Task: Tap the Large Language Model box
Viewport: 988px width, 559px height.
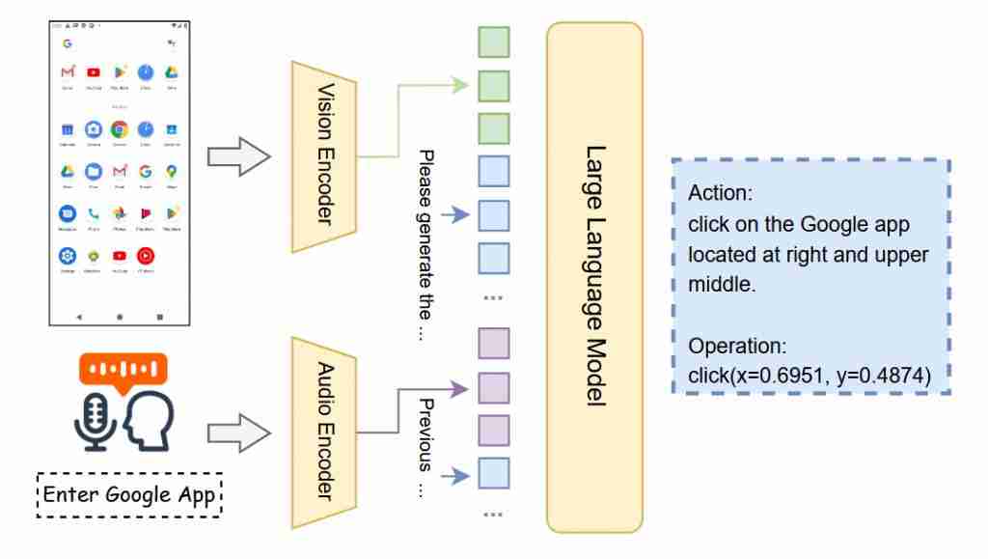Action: point(594,277)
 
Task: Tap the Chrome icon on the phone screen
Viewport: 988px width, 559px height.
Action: point(119,128)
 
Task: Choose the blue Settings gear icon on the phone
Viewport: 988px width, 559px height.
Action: point(68,256)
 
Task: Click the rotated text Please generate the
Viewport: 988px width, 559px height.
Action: point(426,246)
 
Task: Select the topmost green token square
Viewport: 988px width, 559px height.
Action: point(494,43)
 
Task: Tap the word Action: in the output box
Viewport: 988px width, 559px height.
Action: point(719,193)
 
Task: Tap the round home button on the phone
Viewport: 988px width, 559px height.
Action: point(120,316)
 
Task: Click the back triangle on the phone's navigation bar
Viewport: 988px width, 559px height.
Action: point(79,316)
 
